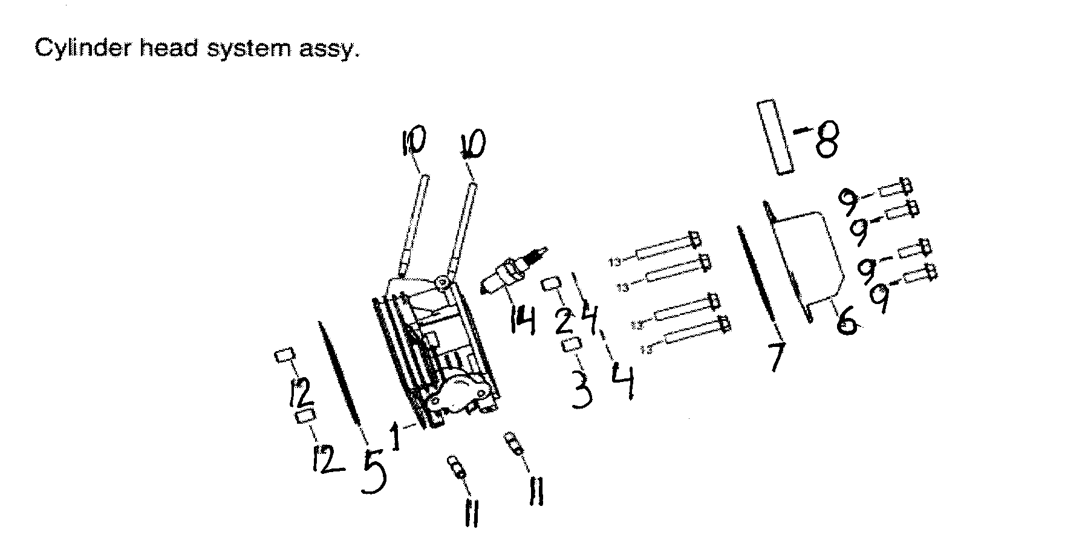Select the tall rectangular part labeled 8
pyautogui.click(x=775, y=138)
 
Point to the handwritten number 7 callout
pyautogui.click(x=775, y=357)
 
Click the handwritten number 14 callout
pyautogui.click(x=522, y=320)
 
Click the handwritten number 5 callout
pyautogui.click(x=374, y=471)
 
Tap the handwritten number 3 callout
pyautogui.click(x=581, y=391)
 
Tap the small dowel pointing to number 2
pyautogui.click(x=549, y=284)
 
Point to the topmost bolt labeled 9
pyautogui.click(x=895, y=189)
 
